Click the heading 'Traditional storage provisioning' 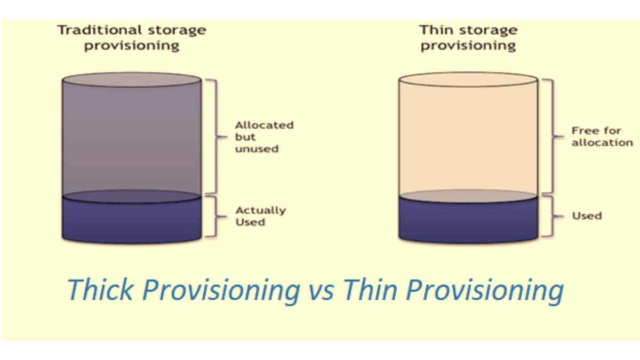point(131,37)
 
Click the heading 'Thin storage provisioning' point(468,37)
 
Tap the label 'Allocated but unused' point(264,137)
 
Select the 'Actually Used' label point(260,216)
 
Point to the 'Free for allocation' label point(602,137)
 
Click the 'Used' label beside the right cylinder point(587,216)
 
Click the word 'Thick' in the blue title point(100,290)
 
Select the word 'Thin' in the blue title point(370,290)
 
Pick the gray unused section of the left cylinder point(131,139)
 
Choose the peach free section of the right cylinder point(468,139)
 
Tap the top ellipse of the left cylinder point(131,80)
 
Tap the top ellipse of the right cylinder point(468,80)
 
